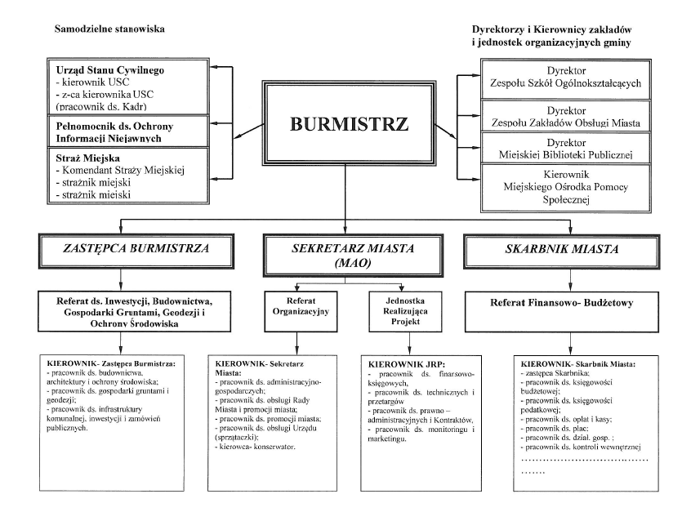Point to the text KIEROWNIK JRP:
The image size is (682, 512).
coord(399,360)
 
